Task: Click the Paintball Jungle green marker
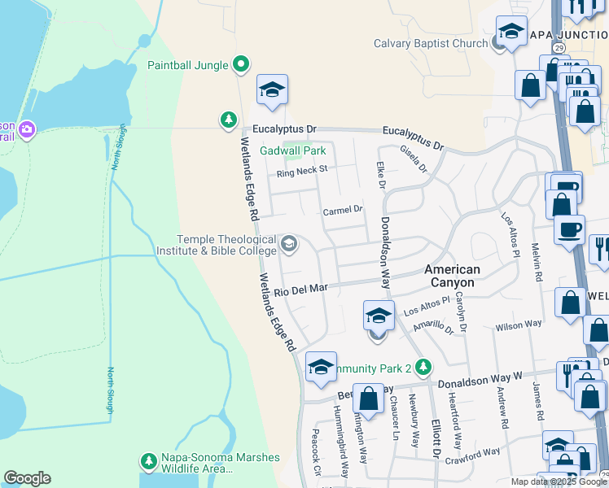click(240, 63)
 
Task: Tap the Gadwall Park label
click(292, 150)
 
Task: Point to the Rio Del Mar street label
click(300, 290)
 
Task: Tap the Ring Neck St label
click(301, 171)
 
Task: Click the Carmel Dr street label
click(341, 211)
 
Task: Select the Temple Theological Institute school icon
click(288, 243)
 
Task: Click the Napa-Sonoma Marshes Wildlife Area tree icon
click(148, 461)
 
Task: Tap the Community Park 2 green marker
click(423, 367)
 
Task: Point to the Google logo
click(27, 478)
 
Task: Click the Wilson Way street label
click(518, 325)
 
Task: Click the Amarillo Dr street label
click(432, 326)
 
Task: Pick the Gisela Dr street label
click(413, 159)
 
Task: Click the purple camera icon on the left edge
click(27, 129)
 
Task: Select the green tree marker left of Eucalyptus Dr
click(229, 120)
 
